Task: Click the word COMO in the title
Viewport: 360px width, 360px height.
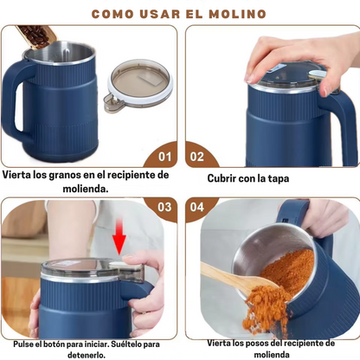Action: [117, 14]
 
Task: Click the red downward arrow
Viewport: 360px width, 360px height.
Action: [120, 238]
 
